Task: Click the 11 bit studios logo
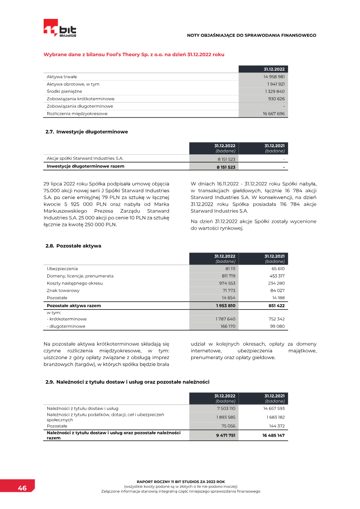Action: pyautogui.click(x=60, y=28)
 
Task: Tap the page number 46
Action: pyautogui.click(x=22, y=488)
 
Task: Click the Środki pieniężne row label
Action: pyautogui.click(x=64, y=91)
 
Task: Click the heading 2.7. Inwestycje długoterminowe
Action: pyautogui.click(x=86, y=132)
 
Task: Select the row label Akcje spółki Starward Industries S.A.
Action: pyautogui.click(x=85, y=158)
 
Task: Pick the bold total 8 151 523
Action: pyautogui.click(x=226, y=167)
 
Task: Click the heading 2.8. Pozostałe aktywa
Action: pyautogui.click(x=73, y=246)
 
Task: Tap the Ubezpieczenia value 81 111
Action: pyautogui.click(x=230, y=269)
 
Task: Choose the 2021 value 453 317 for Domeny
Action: pyautogui.click(x=275, y=276)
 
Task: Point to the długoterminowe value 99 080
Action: pyautogui.click(x=277, y=326)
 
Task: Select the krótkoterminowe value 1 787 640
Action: pyautogui.click(x=226, y=319)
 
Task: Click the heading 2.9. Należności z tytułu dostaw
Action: pyautogui.click(x=127, y=382)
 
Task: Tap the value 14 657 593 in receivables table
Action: pyautogui.click(x=274, y=409)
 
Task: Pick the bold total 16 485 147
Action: pyautogui.click(x=274, y=435)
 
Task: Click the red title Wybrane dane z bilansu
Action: pyautogui.click(x=134, y=54)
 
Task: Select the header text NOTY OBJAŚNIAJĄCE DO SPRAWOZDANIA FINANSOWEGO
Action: pyautogui.click(x=252, y=35)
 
